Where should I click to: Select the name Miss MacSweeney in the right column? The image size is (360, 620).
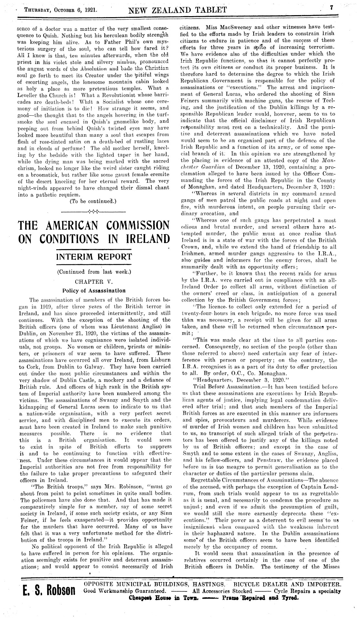tap(227, 28)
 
